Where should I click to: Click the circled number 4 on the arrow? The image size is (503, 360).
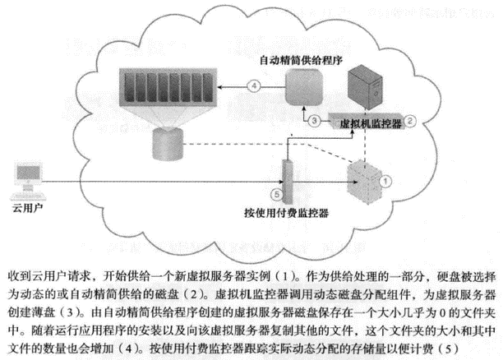pos(255,85)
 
